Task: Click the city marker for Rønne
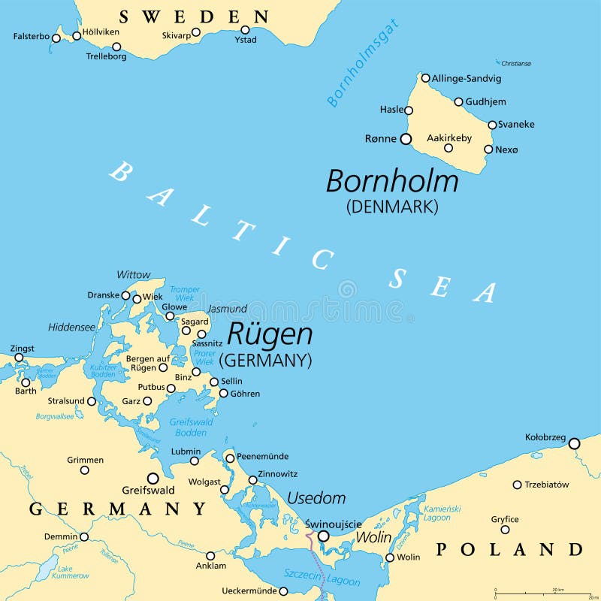406,139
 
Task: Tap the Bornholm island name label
391,182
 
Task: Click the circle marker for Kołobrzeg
574,444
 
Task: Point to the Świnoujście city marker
323,536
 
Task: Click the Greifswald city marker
153,478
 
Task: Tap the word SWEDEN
194,17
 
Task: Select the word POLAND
509,549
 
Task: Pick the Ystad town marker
245,30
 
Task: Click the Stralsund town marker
92,401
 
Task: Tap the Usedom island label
316,499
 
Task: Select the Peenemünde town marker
230,458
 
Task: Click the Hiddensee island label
72,328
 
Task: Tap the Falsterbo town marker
56,38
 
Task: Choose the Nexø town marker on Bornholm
488,149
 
